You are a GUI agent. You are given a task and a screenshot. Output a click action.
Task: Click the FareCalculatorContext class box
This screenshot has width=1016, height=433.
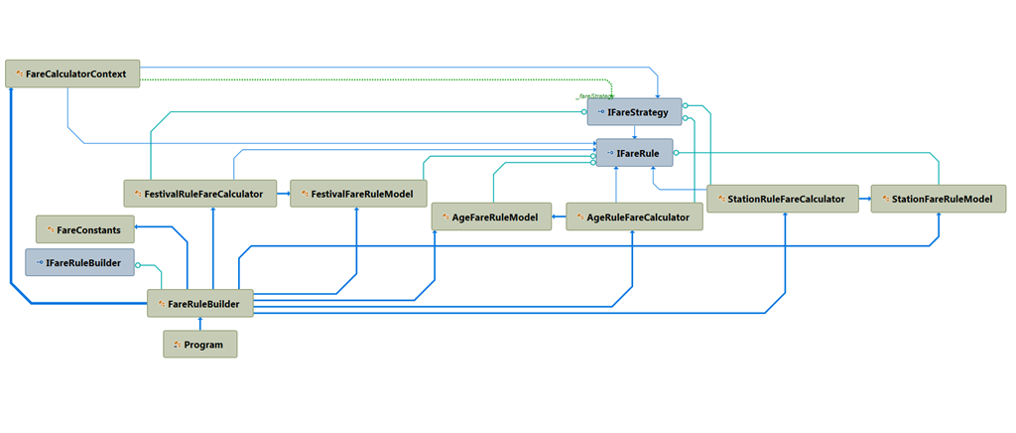[72, 73]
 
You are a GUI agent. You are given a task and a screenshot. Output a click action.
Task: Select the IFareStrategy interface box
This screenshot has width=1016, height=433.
[634, 112]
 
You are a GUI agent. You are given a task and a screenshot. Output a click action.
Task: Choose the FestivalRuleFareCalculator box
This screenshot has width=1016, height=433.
[199, 195]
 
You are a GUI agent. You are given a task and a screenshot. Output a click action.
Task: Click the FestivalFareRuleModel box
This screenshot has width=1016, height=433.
[358, 195]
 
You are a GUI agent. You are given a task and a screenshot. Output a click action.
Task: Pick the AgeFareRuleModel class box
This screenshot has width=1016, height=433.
[491, 216]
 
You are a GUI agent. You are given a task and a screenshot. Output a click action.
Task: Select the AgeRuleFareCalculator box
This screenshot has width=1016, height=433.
[634, 216]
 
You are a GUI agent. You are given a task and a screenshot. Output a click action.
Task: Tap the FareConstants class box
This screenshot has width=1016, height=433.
[85, 229]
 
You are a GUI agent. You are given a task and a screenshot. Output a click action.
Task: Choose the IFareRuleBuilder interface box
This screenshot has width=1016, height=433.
[79, 263]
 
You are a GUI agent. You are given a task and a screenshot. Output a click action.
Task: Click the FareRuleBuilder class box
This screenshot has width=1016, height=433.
[199, 303]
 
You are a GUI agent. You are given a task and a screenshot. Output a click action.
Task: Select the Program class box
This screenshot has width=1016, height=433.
[199, 345]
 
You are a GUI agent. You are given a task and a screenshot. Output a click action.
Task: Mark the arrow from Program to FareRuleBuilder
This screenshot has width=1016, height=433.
[199, 324]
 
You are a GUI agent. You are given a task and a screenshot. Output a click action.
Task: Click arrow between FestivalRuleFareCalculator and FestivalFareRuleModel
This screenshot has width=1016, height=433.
[283, 195]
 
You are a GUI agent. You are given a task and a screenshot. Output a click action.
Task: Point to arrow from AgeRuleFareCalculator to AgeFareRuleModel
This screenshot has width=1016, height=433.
[559, 216]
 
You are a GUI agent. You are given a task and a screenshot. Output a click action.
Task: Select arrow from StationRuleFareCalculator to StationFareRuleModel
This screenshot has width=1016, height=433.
[864, 199]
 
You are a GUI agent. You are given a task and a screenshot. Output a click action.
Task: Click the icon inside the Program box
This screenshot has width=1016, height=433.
[177, 346]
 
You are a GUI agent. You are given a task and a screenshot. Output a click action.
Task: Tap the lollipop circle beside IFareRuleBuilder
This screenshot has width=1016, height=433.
[139, 265]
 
